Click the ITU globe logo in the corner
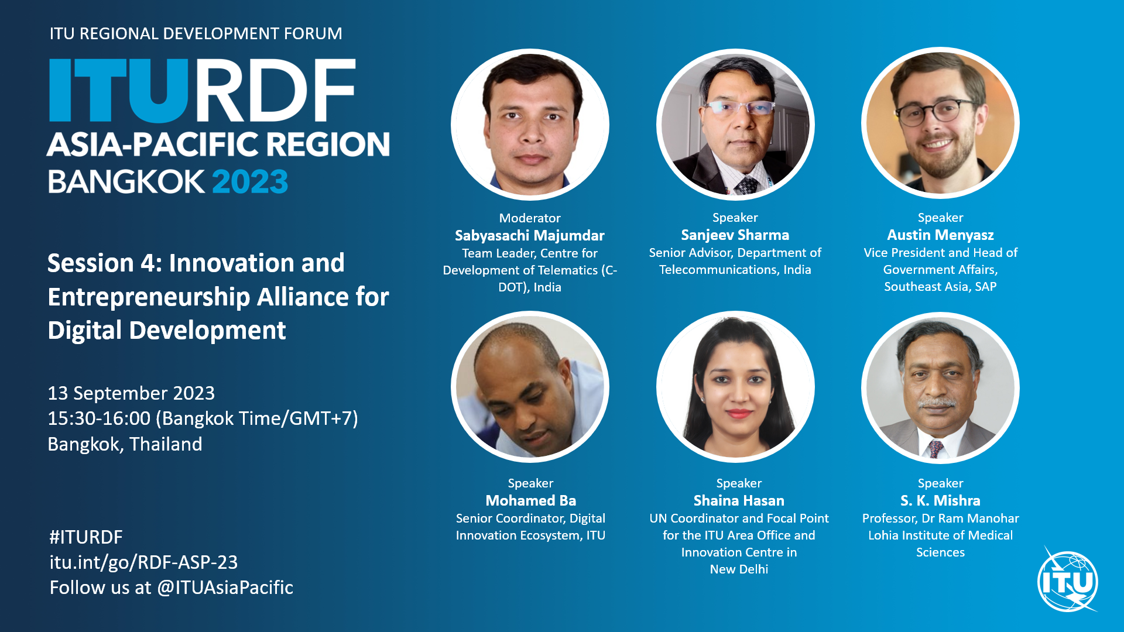click(1068, 581)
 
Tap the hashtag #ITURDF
click(86, 537)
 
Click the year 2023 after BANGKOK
click(250, 181)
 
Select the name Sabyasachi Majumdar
click(530, 235)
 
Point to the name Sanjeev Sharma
click(735, 235)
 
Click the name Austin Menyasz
click(940, 235)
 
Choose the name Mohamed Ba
click(530, 501)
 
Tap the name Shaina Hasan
click(739, 501)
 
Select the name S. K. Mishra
click(940, 501)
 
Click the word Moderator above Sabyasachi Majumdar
click(530, 218)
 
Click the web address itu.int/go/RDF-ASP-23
click(143, 562)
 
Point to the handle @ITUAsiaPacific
click(225, 588)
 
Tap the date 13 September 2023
click(131, 393)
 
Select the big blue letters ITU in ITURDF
click(118, 90)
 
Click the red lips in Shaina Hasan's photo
click(739, 414)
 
